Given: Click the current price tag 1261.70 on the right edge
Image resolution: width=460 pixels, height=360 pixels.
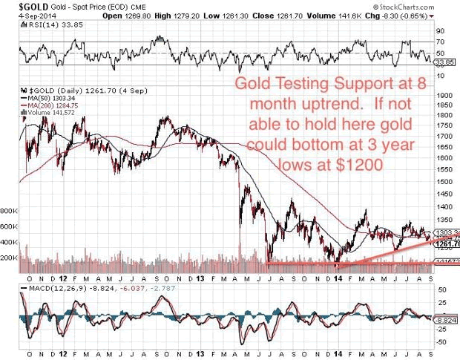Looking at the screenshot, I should click(x=447, y=243).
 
